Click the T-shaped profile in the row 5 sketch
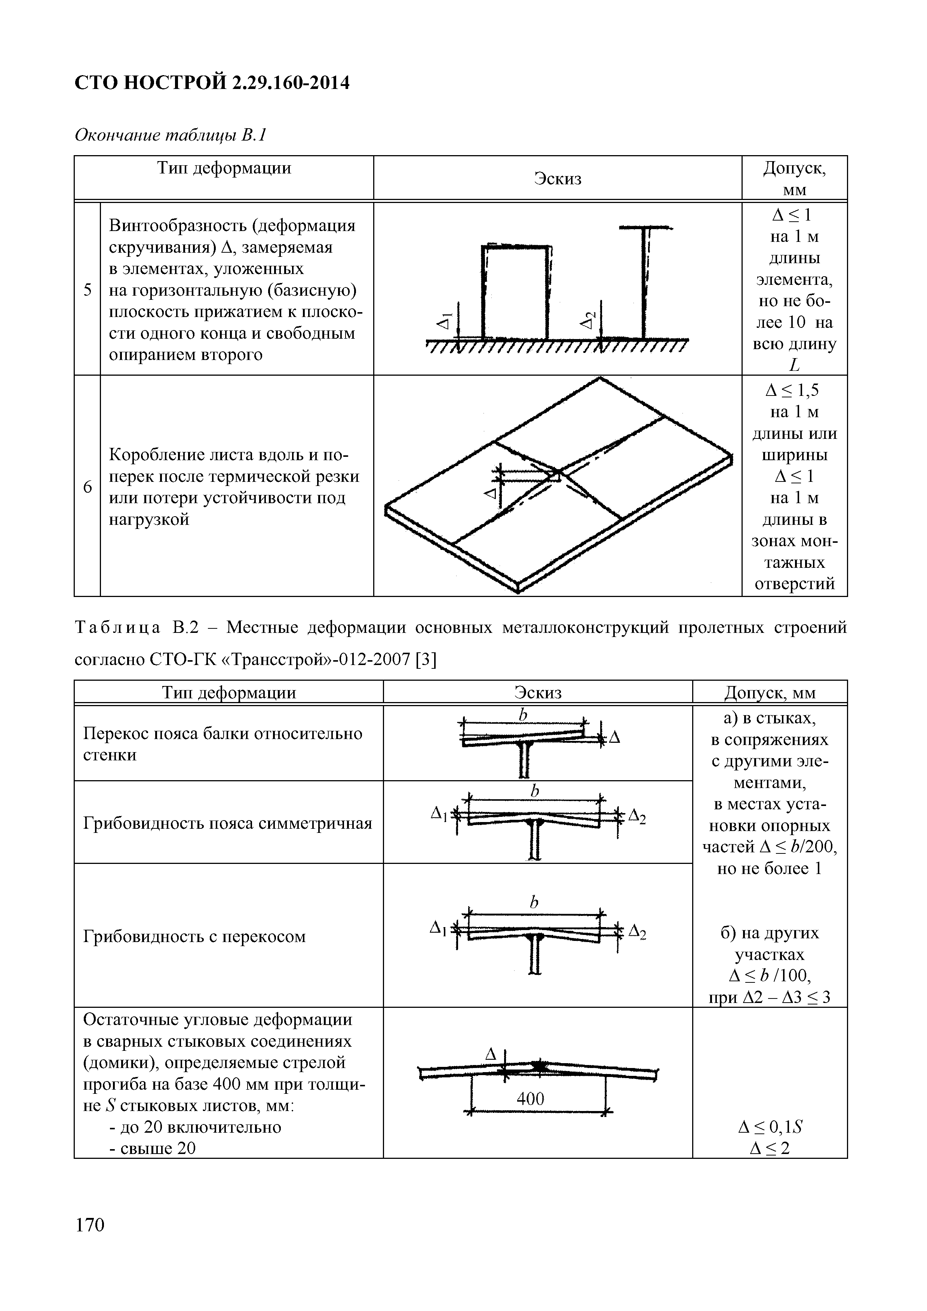coord(646,280)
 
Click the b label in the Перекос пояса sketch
coord(522,715)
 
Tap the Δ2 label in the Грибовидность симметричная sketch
coord(637,817)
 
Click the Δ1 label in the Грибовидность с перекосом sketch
coord(438,929)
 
